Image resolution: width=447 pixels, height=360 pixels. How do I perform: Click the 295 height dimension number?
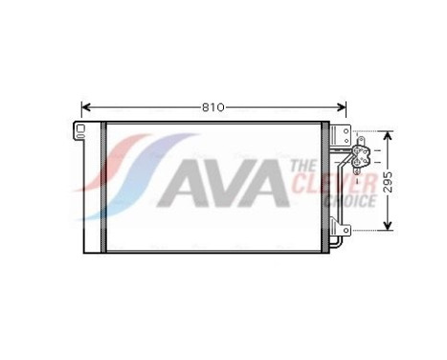(389, 182)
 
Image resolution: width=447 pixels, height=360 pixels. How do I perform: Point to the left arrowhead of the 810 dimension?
(85, 106)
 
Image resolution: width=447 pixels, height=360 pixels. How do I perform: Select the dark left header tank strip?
(101, 188)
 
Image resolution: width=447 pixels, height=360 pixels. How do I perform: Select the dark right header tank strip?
(324, 188)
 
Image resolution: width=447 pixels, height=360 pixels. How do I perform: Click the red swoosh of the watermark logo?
(129, 163)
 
